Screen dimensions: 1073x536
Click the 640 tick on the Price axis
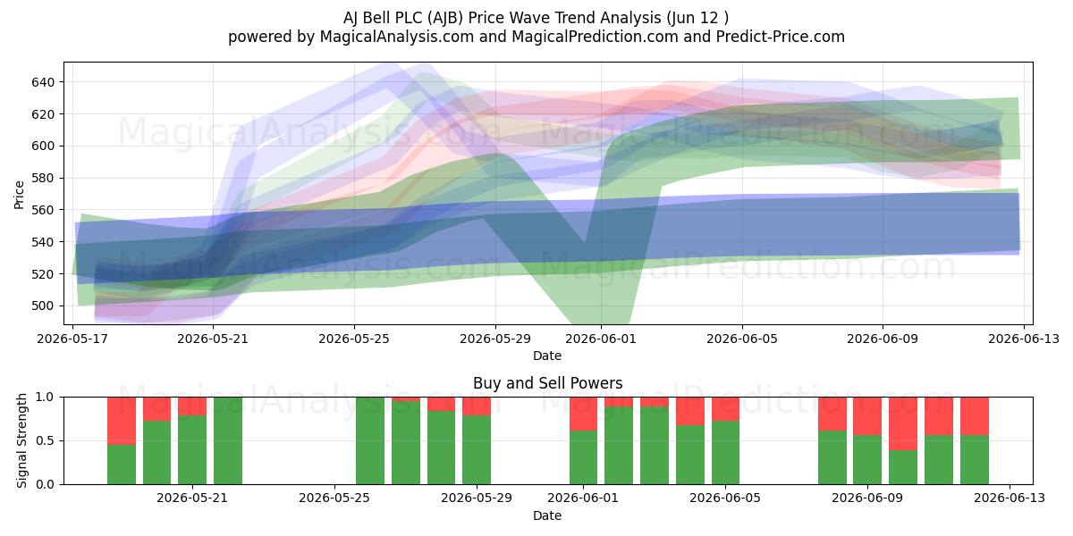[43, 82]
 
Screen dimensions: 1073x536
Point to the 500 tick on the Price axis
[43, 306]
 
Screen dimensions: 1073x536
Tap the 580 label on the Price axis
[43, 178]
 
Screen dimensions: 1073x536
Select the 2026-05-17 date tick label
[72, 339]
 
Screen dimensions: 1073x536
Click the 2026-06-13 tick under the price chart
[1024, 339]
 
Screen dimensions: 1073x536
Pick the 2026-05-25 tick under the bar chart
[334, 498]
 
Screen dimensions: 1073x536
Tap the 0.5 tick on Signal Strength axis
[45, 440]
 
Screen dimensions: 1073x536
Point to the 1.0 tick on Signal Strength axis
[45, 398]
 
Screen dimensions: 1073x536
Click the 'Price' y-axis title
[19, 195]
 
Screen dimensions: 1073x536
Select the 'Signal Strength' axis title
[21, 440]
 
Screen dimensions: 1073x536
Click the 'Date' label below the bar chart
[547, 515]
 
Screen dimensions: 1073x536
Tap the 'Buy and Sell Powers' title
[547, 383]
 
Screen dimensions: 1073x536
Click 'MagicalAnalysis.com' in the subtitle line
[397, 37]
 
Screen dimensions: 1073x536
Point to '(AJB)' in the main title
[445, 18]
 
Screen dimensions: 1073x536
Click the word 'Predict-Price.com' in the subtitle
[781, 37]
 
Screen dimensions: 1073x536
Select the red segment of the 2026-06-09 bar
[867, 416]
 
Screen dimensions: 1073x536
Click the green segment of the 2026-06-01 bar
[583, 457]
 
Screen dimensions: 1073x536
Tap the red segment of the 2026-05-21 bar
[192, 406]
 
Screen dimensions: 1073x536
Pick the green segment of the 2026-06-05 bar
[725, 453]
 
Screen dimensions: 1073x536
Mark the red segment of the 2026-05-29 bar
[477, 406]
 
